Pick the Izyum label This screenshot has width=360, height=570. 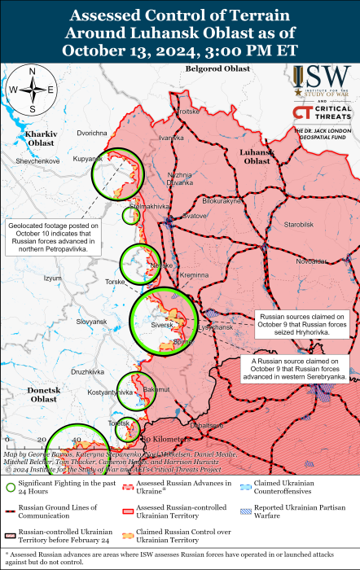click(x=53, y=278)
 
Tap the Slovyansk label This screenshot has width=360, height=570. click(x=91, y=322)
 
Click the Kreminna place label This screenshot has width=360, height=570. click(x=194, y=276)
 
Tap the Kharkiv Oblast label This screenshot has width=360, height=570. click(x=39, y=137)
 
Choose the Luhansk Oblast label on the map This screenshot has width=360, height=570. click(x=257, y=156)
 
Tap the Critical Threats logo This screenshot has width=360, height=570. click(x=324, y=113)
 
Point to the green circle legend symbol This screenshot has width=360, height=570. click(x=11, y=487)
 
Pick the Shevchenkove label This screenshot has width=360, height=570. click(x=37, y=161)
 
